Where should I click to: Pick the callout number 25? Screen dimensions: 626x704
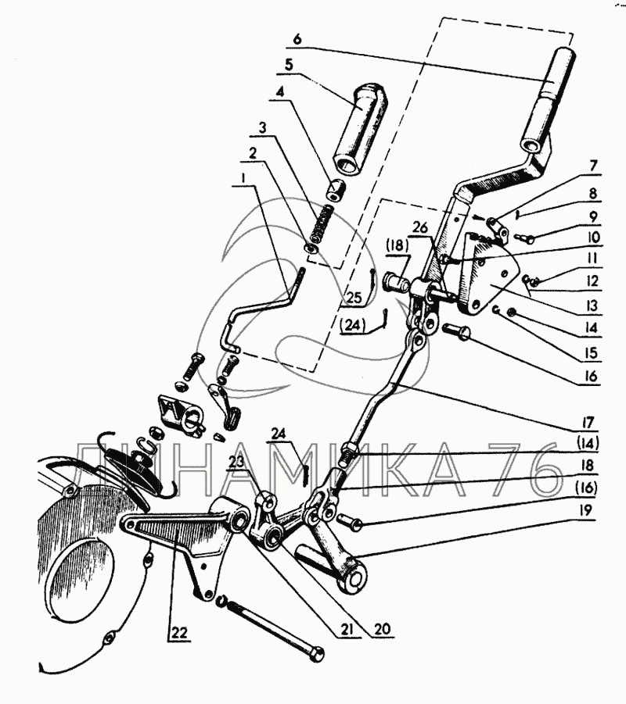pyautogui.click(x=353, y=298)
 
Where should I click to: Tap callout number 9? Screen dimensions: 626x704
pyautogui.click(x=594, y=216)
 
